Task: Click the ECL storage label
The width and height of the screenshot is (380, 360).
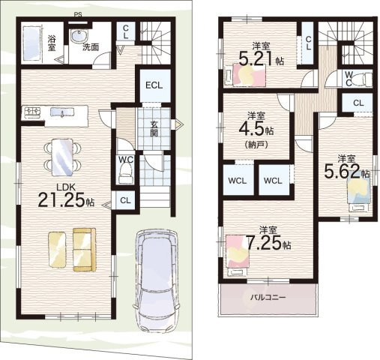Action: click(154, 85)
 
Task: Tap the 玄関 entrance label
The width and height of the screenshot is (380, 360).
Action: click(154, 129)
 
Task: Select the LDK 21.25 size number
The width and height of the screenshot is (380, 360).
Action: click(63, 199)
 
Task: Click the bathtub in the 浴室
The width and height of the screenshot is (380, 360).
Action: click(31, 44)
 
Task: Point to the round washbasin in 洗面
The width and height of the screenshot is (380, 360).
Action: click(79, 35)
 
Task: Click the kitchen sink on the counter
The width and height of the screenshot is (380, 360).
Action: click(62, 112)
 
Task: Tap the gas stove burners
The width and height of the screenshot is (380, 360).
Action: click(31, 112)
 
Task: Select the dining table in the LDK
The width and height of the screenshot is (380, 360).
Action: click(62, 157)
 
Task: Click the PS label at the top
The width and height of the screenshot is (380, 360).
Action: click(78, 15)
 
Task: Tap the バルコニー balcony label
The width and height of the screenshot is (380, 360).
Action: click(268, 298)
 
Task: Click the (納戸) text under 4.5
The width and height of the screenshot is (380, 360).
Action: click(256, 145)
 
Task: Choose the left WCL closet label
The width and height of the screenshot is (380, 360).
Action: click(238, 181)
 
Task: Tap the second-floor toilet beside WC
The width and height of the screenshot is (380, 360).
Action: click(366, 79)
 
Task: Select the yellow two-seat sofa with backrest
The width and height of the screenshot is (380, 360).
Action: click(85, 250)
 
